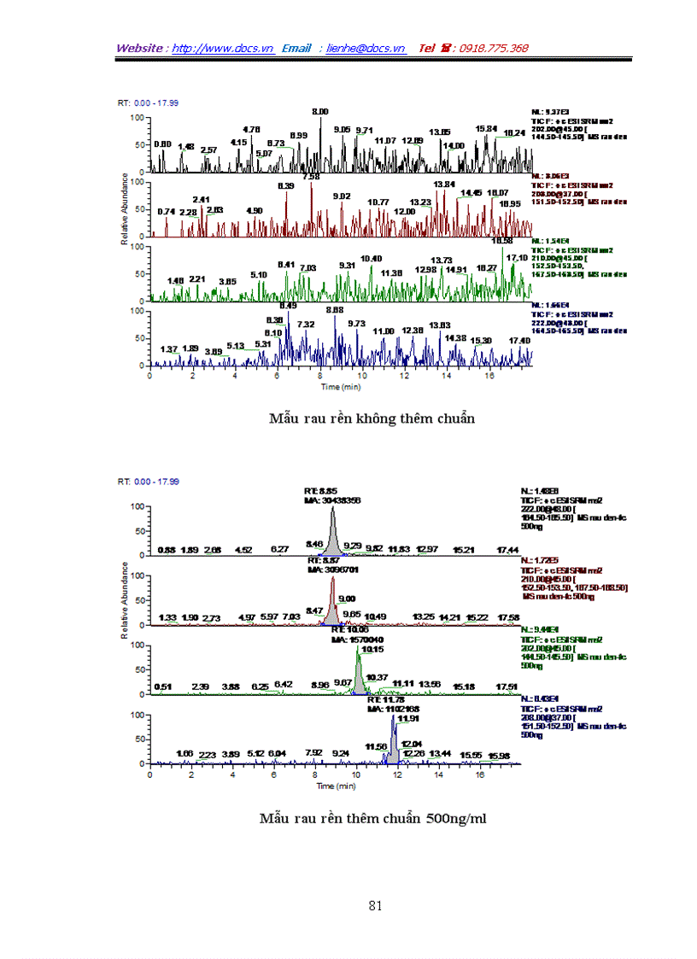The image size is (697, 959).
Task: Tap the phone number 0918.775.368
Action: [494, 49]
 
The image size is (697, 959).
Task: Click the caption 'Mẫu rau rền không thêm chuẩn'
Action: [372, 418]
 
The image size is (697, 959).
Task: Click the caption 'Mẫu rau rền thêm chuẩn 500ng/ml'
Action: [373, 818]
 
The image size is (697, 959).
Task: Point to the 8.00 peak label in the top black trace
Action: [320, 112]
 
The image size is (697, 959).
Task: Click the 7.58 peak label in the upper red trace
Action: [311, 176]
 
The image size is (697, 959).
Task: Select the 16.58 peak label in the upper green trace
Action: [501, 241]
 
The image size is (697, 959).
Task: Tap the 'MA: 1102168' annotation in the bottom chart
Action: [394, 708]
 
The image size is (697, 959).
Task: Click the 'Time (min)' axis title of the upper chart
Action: [341, 387]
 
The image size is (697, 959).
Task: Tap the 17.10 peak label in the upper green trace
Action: [517, 257]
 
